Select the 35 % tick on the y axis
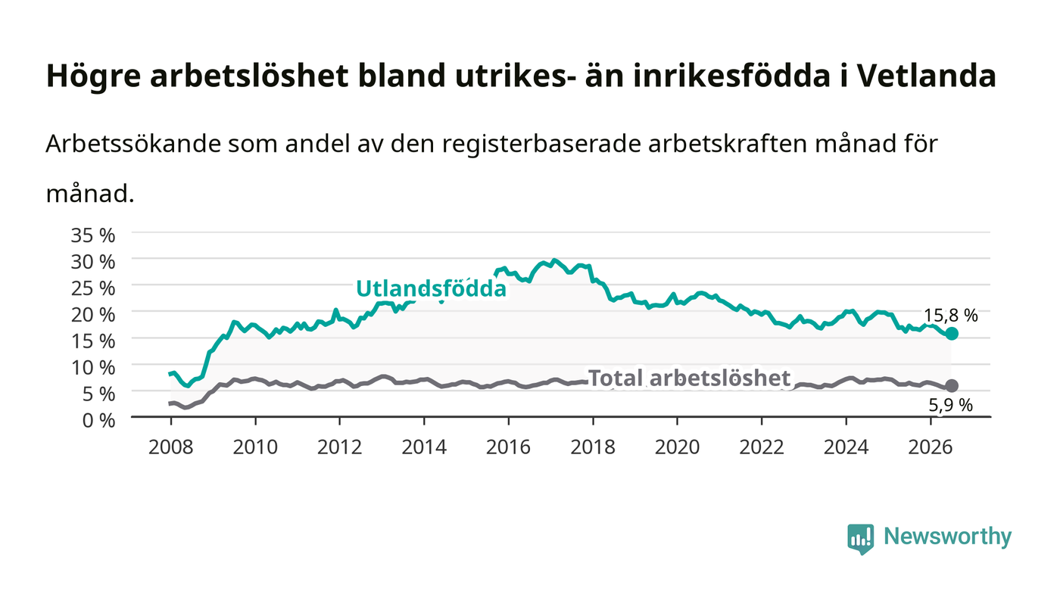[92, 235]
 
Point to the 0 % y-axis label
[98, 420]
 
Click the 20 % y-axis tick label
[92, 315]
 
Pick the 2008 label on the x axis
[171, 447]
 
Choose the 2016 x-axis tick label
[508, 447]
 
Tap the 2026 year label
[931, 447]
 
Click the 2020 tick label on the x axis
[677, 447]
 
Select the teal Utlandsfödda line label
[431, 288]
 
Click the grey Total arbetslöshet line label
[690, 378]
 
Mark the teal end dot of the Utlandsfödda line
[951, 334]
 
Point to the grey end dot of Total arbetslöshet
[951, 386]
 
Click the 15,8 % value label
[951, 316]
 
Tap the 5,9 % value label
[951, 406]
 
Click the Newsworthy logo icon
[860, 539]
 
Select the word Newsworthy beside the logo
[947, 537]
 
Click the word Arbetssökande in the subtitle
[133, 144]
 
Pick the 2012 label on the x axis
[339, 447]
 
